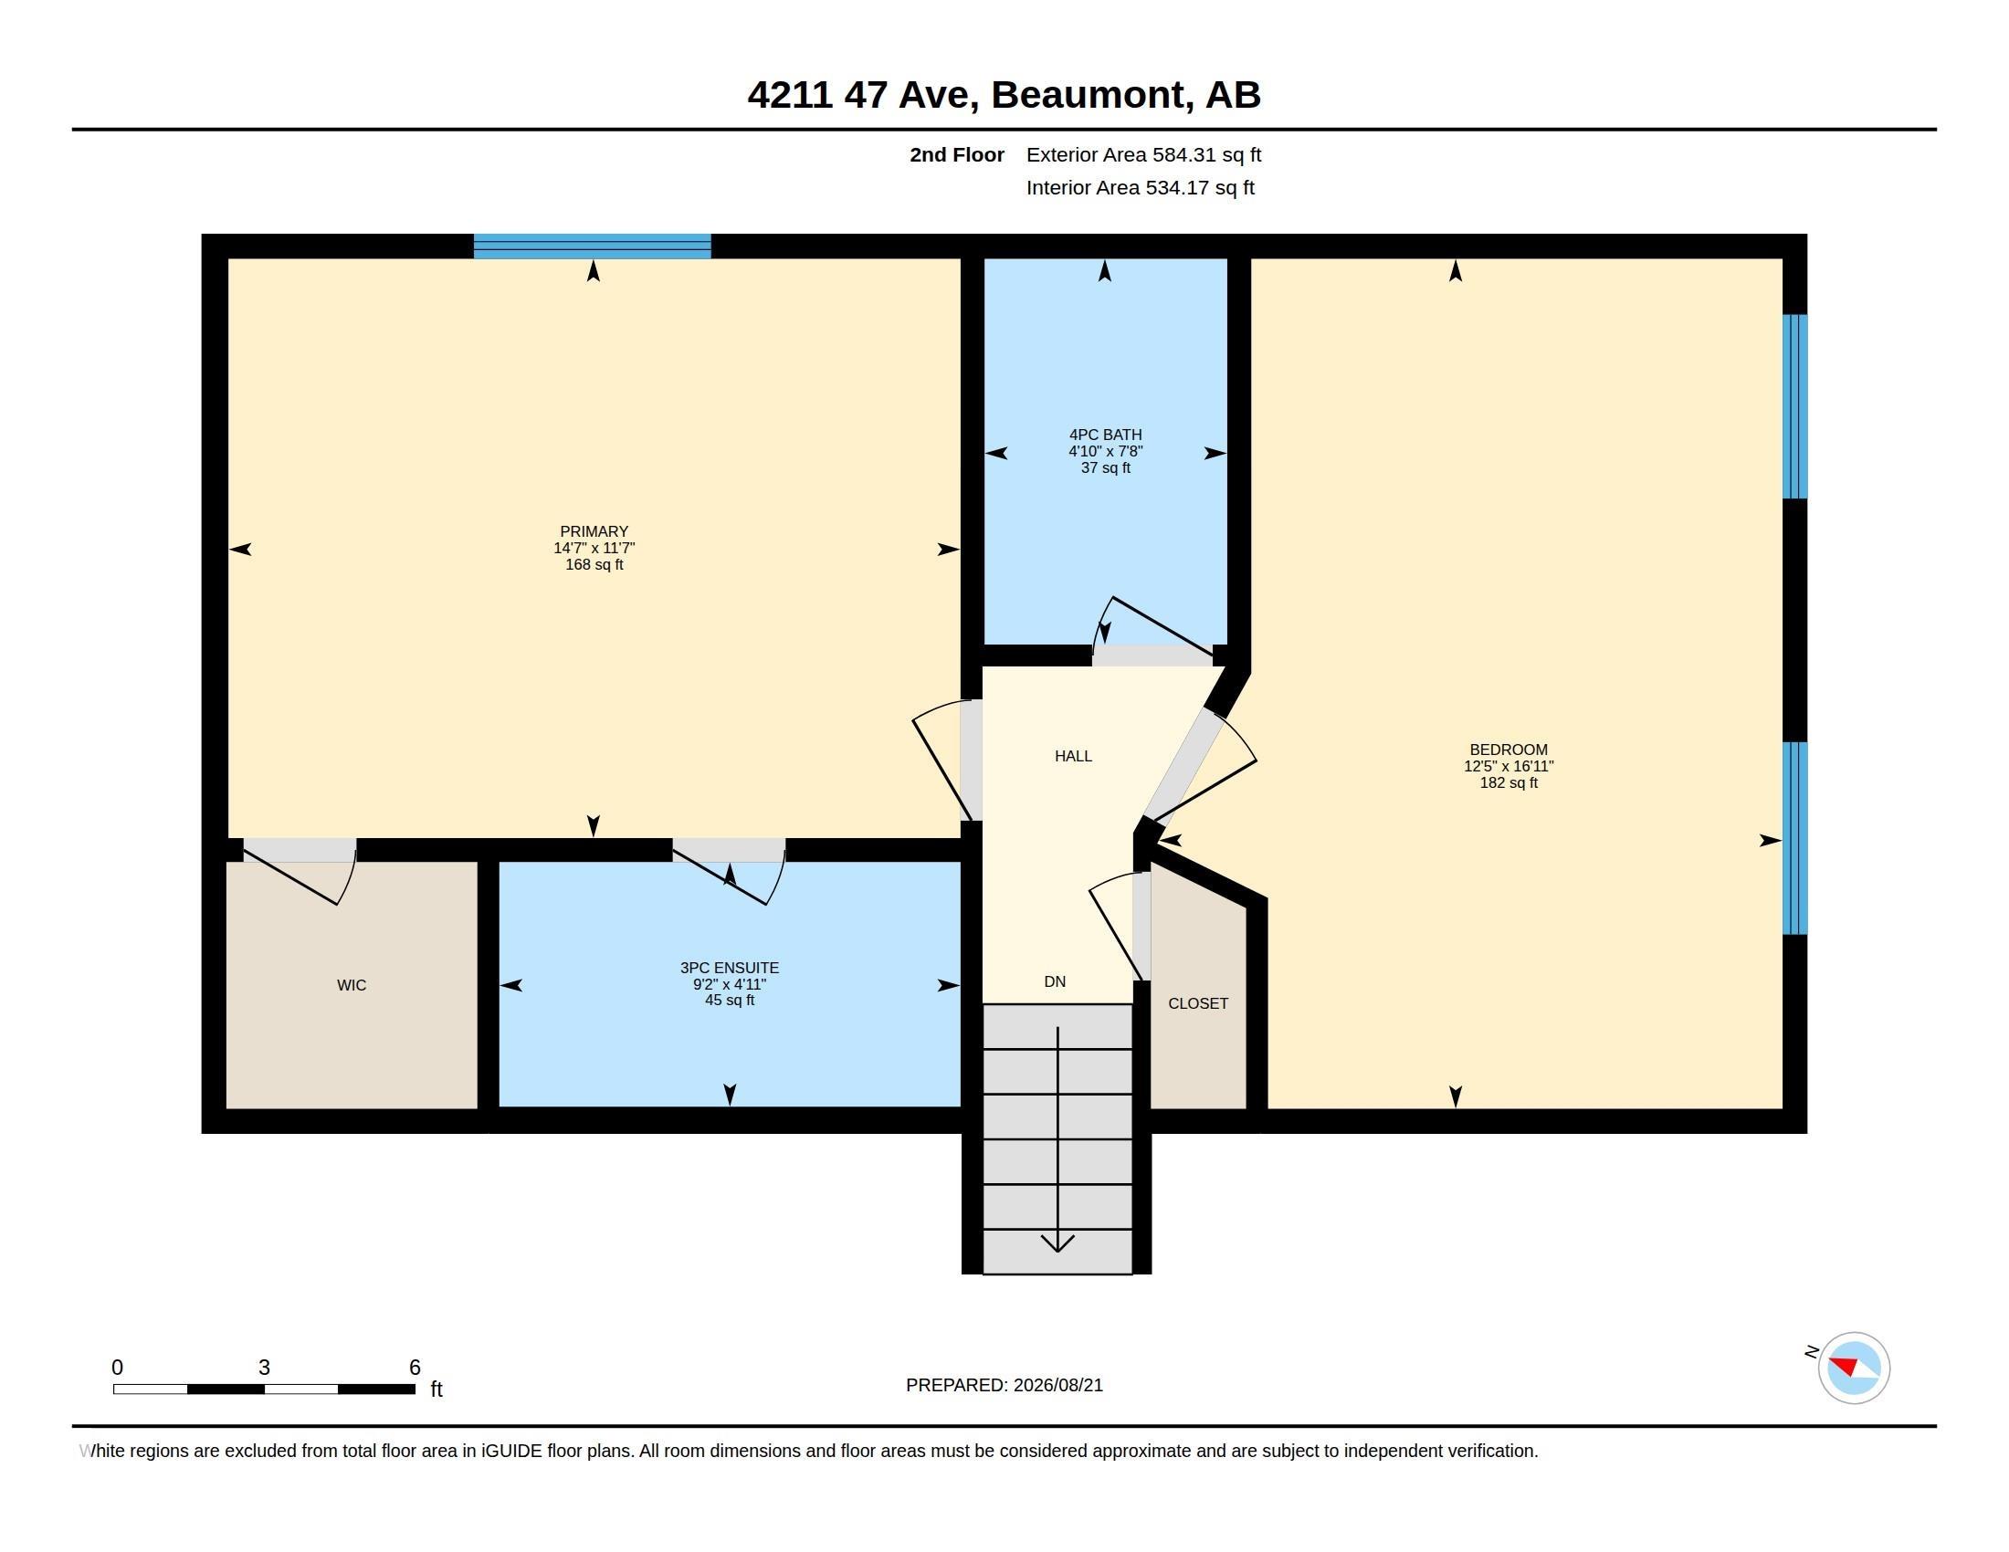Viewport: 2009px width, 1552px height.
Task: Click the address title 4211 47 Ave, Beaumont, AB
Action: tap(1004, 95)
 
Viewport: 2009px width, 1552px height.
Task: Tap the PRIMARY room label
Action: tap(594, 531)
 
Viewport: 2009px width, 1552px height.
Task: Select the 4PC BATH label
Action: tap(1106, 435)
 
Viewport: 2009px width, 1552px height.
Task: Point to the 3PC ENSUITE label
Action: tap(730, 967)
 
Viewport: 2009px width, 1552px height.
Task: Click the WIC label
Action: tap(352, 986)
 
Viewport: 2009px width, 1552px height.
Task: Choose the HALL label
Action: tap(1074, 756)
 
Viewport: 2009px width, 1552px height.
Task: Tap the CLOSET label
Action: tap(1198, 1003)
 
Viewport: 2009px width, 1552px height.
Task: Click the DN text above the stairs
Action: tap(1055, 982)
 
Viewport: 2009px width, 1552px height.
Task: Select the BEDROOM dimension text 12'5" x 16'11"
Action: tap(1509, 766)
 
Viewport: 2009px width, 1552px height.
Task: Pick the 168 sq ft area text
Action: tap(594, 564)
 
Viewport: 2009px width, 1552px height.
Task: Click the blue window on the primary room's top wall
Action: tap(593, 246)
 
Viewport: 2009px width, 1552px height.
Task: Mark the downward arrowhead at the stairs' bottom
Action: tap(1057, 1243)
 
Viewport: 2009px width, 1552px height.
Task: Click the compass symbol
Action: tap(1854, 1368)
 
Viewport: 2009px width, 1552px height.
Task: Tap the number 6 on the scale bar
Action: tap(415, 1368)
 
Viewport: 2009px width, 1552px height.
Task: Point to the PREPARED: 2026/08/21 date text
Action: tap(1004, 1385)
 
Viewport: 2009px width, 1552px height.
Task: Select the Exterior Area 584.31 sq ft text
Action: tap(1143, 154)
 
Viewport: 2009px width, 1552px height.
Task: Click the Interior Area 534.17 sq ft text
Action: tap(1140, 187)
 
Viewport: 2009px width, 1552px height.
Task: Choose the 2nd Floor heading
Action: tap(957, 154)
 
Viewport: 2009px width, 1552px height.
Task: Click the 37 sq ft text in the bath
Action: tap(1106, 468)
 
